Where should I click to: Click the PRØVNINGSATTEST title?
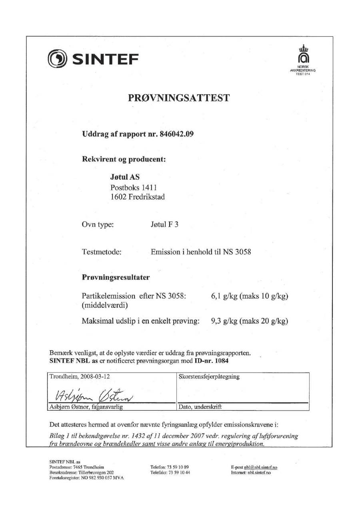click(x=179, y=98)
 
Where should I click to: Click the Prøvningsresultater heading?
click(x=116, y=277)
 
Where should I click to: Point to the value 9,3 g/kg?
click(x=224, y=321)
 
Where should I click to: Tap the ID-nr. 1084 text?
click(x=212, y=361)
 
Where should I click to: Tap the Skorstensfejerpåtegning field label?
click(x=209, y=377)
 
